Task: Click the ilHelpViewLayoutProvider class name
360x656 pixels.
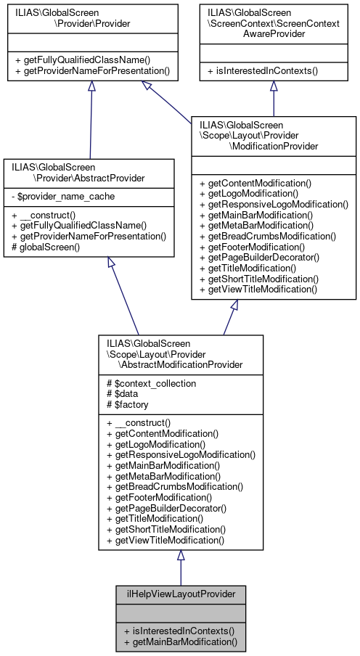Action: point(181,594)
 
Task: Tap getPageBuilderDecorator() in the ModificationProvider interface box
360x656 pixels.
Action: point(261,258)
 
